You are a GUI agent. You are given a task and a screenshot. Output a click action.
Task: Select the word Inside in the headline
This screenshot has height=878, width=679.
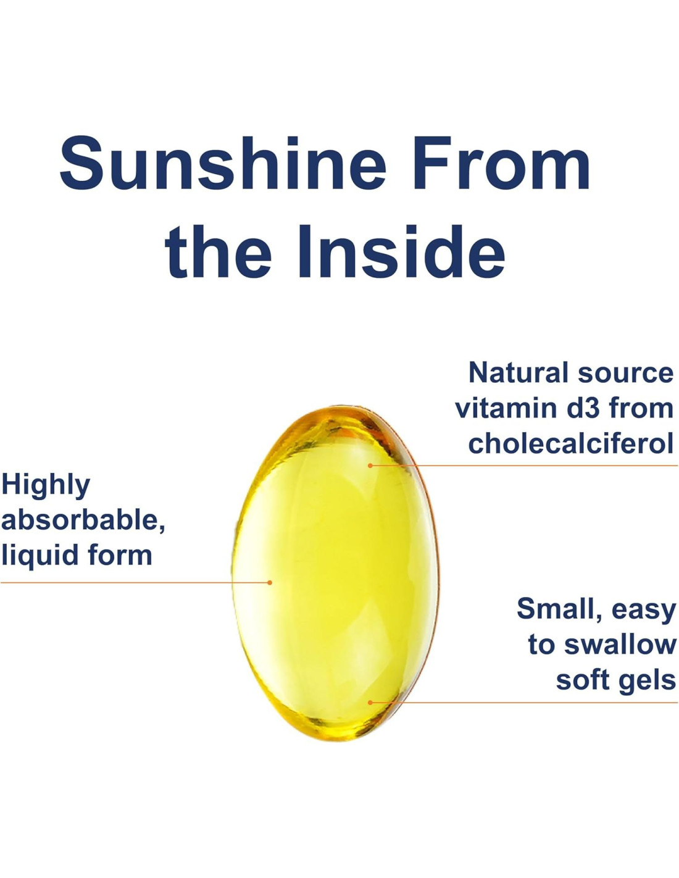402,251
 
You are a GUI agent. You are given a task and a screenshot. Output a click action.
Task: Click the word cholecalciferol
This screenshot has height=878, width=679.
571,443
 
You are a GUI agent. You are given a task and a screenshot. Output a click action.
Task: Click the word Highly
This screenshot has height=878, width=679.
45,487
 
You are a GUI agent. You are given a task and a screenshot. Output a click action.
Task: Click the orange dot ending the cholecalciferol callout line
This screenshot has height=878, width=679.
370,466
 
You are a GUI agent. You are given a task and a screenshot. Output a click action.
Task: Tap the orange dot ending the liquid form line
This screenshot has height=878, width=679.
270,582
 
